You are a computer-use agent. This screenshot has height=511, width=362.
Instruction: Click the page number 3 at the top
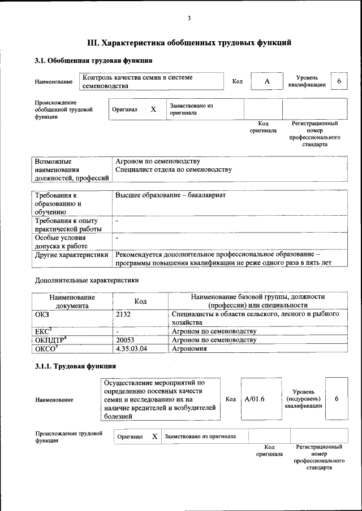(x=189, y=19)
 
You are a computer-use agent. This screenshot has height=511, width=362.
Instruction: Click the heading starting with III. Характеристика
(x=189, y=42)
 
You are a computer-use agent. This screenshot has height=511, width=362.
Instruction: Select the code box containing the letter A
(x=267, y=82)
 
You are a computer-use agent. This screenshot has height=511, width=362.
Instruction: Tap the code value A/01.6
(x=255, y=399)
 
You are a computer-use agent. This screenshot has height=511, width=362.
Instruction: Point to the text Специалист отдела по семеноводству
(x=173, y=169)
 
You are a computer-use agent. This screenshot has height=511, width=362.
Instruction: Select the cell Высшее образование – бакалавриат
(x=170, y=195)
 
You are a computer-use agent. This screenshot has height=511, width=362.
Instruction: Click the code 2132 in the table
(x=123, y=313)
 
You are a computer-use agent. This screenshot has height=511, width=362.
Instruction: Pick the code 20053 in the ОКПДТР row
(x=126, y=340)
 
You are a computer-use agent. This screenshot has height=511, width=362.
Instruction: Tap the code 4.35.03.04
(x=131, y=349)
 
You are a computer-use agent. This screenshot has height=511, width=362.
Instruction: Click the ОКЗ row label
(x=42, y=313)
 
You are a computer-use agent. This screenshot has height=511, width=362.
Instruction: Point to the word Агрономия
(x=189, y=349)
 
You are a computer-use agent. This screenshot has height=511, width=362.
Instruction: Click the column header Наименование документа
(x=72, y=301)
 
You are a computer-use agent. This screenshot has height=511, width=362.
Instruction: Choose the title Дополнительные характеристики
(x=87, y=279)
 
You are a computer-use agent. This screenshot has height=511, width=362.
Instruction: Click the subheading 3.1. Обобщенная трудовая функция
(x=93, y=60)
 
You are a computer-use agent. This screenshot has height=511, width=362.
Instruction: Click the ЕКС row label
(x=43, y=331)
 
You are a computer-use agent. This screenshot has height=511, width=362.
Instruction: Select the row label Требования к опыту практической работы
(x=67, y=225)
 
